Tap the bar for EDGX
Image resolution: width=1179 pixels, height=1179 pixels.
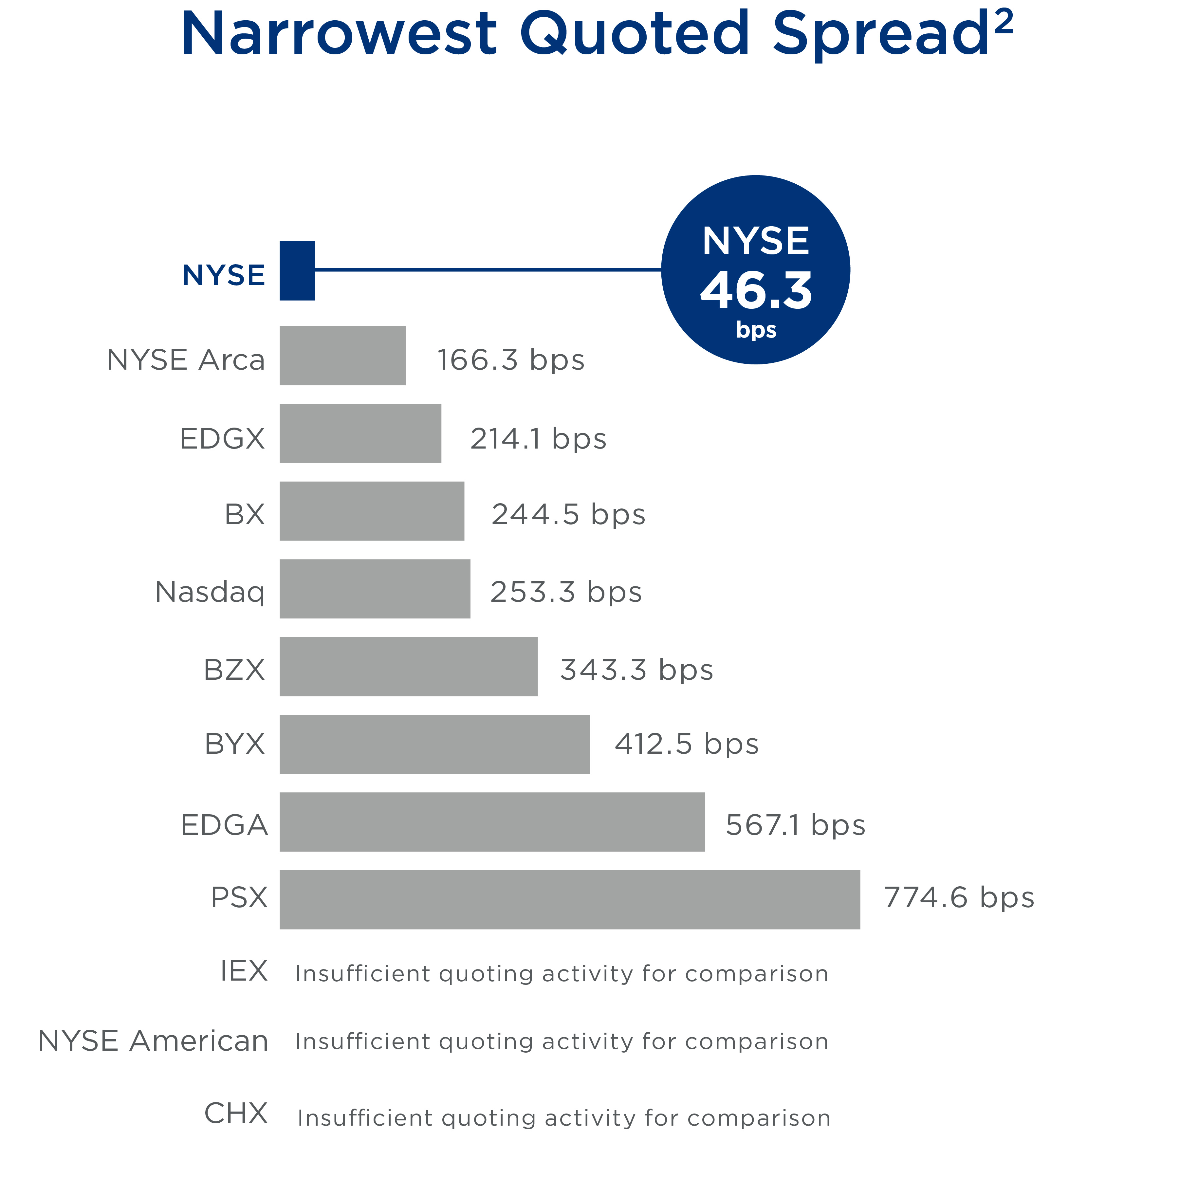point(360,433)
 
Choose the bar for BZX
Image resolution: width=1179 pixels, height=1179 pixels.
point(408,666)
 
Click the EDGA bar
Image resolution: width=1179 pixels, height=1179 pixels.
point(492,822)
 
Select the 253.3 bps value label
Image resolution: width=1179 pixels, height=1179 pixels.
point(566,592)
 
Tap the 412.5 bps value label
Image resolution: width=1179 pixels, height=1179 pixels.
point(687,744)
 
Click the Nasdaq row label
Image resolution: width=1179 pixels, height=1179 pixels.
point(210,592)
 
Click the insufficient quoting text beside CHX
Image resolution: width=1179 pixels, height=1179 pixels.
point(564,1118)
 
